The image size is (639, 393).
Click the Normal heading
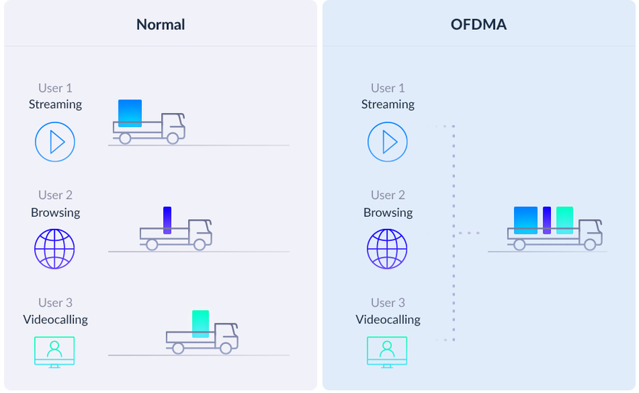pos(160,24)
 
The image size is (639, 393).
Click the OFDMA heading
pos(479,24)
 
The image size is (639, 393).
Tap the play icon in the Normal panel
pos(55,142)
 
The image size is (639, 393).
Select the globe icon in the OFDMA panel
pos(387,249)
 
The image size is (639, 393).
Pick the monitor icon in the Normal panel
pos(55,352)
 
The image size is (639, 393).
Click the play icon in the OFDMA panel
pos(388,142)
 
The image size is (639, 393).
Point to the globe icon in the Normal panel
pos(55,249)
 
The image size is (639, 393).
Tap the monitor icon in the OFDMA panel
pos(387,352)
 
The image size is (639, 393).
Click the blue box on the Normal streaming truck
pos(130,113)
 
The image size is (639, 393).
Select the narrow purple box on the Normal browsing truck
pos(167,220)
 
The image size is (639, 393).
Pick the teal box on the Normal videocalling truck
pos(200,324)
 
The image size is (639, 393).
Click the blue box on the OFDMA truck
pos(525,220)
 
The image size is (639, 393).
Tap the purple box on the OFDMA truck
pos(547,220)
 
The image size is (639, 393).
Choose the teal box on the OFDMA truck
pos(565,220)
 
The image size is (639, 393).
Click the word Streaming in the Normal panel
pos(55,104)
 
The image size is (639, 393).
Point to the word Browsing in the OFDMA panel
pos(388,212)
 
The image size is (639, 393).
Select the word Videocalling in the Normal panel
pos(55,320)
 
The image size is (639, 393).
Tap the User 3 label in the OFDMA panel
pos(388,303)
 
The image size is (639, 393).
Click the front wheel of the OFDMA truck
pos(590,244)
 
